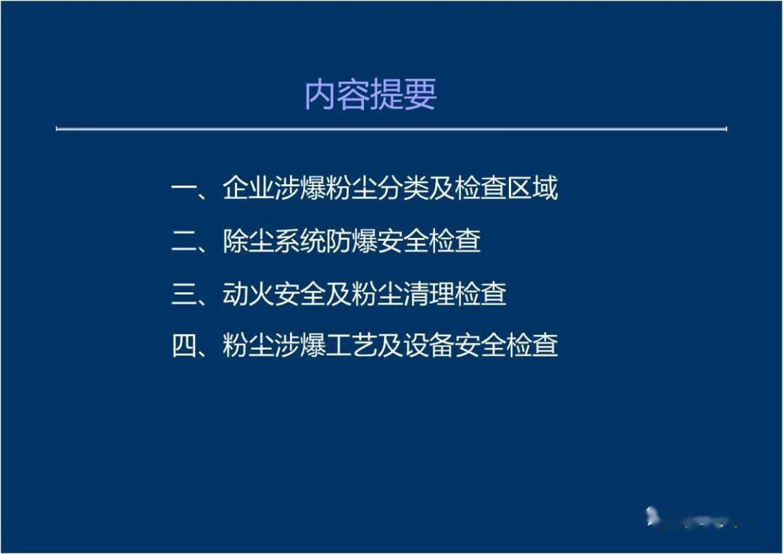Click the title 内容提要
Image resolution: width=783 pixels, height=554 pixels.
[370, 95]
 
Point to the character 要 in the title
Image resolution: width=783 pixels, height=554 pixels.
[420, 95]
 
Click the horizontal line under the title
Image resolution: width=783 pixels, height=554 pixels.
[391, 130]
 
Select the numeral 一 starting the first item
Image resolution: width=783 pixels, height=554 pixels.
[184, 189]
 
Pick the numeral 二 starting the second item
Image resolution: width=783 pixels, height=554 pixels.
[184, 241]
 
